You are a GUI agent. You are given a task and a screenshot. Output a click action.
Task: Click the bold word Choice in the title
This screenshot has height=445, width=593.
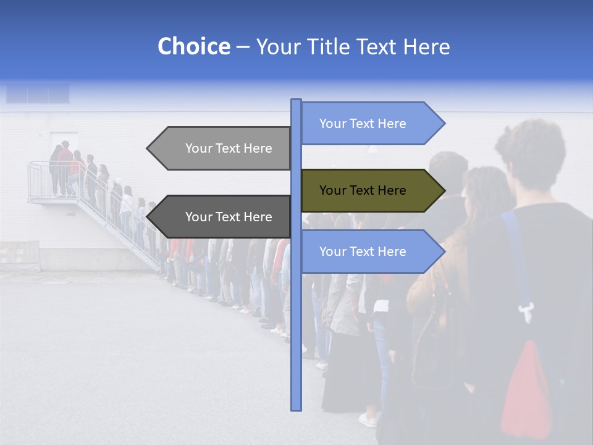point(193,46)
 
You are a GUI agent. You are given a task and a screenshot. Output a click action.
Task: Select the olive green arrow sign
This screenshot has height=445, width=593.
point(364,190)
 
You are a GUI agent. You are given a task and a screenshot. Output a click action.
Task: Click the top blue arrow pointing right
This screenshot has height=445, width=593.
point(364,124)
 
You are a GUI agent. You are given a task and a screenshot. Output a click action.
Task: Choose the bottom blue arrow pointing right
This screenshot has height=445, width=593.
point(364,252)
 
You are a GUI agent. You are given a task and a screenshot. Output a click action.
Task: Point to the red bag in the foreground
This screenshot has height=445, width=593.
point(526,389)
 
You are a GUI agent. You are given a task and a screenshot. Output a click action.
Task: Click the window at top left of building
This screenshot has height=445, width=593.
point(38,93)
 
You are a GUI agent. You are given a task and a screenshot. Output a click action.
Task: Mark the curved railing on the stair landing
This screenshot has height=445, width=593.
point(34,179)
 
